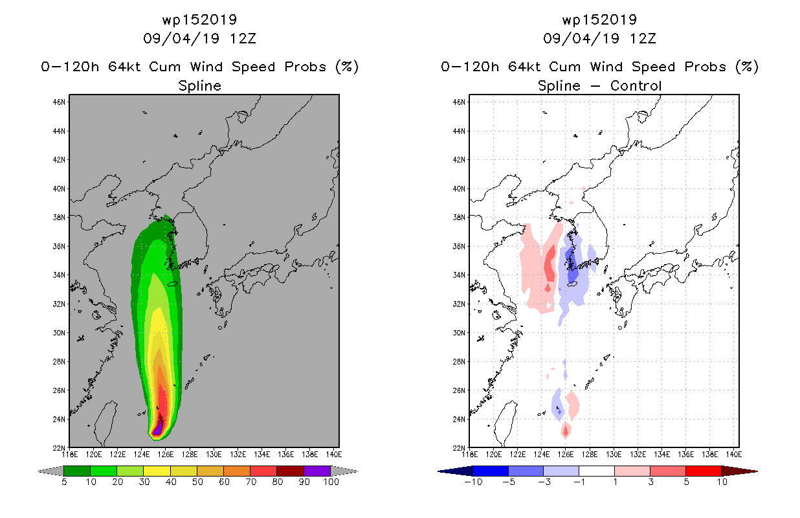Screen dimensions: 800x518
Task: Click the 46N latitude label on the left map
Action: point(59,102)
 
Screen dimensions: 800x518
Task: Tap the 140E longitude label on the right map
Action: point(733,455)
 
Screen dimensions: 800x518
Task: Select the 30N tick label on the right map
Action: point(459,333)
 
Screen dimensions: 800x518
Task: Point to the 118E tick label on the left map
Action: point(70,455)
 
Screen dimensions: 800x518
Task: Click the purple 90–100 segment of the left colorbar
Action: point(317,471)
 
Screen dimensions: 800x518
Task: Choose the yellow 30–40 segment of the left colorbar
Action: point(157,471)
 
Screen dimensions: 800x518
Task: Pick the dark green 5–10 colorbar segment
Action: point(77,471)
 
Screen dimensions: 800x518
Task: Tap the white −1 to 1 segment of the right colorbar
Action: point(596,471)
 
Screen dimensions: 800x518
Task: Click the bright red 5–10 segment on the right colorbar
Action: point(703,471)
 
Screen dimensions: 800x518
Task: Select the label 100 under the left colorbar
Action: point(331,482)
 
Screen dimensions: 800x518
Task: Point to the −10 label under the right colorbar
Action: point(473,482)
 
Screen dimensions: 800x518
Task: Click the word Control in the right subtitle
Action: point(636,85)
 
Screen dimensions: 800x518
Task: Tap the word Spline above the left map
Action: point(199,86)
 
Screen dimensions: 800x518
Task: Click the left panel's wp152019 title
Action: point(199,19)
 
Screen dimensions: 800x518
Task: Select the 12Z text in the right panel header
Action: point(643,38)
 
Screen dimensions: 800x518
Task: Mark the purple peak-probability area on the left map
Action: point(157,429)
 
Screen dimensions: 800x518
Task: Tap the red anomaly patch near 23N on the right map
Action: point(565,431)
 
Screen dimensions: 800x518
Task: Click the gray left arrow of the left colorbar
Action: point(50,471)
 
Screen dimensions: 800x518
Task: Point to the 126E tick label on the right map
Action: point(565,455)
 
